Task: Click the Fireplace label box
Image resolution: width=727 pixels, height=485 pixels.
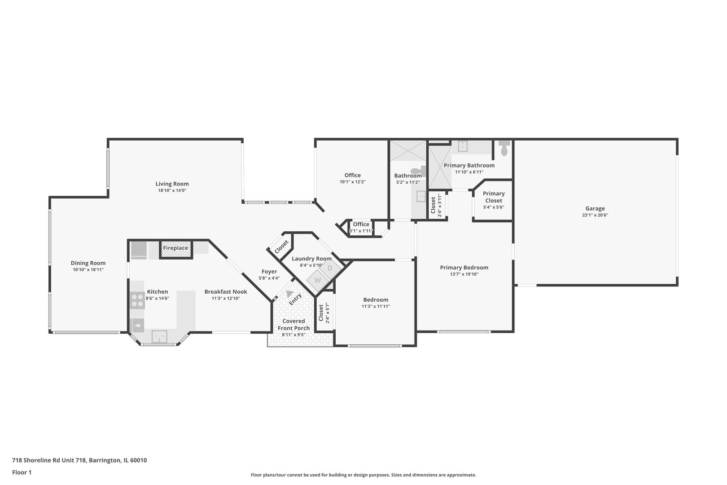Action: point(176,248)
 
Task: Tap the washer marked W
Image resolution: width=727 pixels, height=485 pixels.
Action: point(318,280)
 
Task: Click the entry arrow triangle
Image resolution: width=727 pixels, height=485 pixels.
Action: point(289,295)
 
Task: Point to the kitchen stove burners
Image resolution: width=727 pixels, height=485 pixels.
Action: point(138,300)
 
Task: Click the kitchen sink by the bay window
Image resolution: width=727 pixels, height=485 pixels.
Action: point(159,336)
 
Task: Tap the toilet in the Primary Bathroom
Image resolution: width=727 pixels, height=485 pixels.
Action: point(504,148)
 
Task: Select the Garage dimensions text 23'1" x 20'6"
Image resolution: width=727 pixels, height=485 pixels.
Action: point(595,215)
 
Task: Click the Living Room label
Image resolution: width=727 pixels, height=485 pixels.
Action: point(172,184)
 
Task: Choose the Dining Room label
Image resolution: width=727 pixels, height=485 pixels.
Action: point(88,263)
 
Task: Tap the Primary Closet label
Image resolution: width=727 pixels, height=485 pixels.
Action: point(494,197)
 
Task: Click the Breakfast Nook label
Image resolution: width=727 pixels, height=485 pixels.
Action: point(226,291)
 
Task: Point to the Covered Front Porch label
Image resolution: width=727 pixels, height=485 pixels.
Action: point(294,324)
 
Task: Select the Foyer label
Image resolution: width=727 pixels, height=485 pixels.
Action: point(269,271)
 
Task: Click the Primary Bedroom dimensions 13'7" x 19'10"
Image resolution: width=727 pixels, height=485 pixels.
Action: point(464,274)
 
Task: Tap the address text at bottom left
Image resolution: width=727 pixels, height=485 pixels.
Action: point(79,460)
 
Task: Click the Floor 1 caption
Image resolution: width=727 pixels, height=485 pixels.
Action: point(22,472)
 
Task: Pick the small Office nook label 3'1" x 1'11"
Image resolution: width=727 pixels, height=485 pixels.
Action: point(361,231)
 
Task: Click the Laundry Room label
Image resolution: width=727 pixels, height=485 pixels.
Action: point(311,259)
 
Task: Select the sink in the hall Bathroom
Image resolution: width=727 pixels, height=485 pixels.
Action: point(421,196)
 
